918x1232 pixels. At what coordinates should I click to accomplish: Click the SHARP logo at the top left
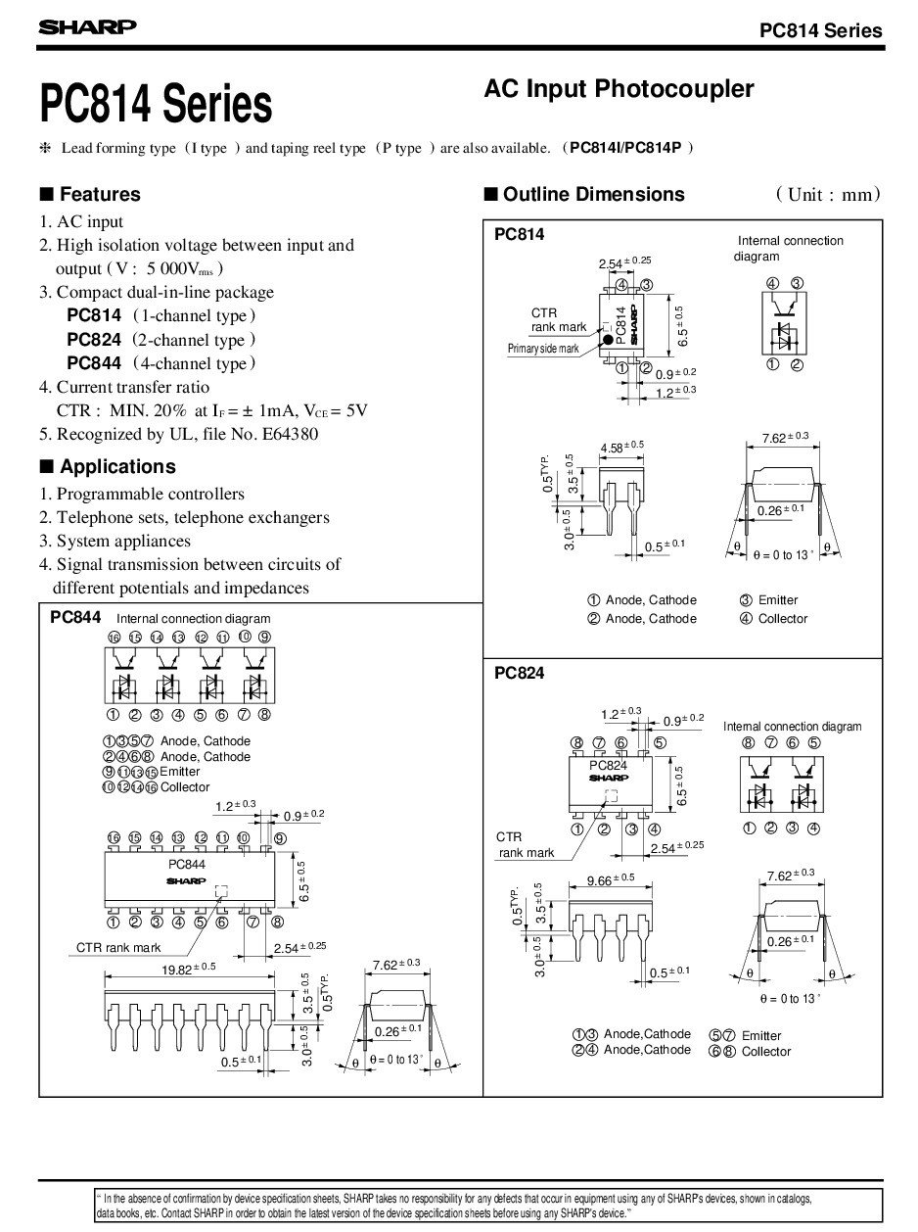[x=87, y=28]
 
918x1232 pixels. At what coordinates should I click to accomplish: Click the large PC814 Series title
[x=155, y=104]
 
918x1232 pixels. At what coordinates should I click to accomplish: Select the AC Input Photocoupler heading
[x=619, y=89]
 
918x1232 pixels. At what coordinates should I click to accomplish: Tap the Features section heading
[x=99, y=194]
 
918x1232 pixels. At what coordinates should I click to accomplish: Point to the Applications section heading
[x=116, y=466]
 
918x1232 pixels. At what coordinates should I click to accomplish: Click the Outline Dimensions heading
[x=593, y=194]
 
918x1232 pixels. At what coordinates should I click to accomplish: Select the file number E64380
[x=285, y=434]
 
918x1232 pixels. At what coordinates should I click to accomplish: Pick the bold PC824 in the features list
[x=94, y=339]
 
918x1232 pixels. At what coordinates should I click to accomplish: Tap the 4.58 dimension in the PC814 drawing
[x=615, y=448]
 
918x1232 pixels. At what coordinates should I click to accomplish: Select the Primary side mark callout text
[x=543, y=350]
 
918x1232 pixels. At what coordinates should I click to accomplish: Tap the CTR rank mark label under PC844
[x=118, y=947]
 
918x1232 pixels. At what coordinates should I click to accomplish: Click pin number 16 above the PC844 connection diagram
[x=114, y=638]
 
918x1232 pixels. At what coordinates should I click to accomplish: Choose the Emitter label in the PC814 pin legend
[x=778, y=599]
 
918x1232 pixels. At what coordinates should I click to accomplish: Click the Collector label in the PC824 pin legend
[x=766, y=1051]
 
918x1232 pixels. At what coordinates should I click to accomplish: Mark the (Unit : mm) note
[x=828, y=194]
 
